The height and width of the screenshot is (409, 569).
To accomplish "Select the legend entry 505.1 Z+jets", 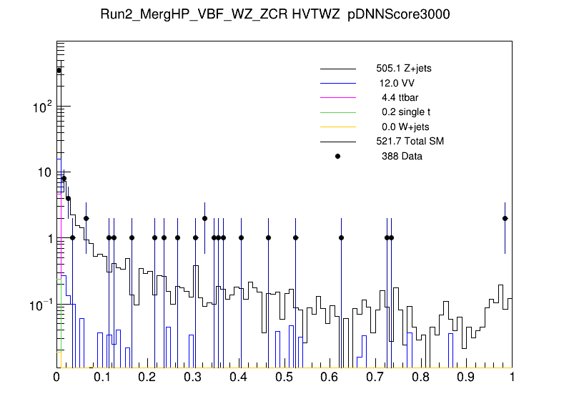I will [403, 69].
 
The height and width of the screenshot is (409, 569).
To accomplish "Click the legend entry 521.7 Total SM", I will [410, 142].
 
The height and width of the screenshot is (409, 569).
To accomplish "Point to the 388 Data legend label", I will [402, 156].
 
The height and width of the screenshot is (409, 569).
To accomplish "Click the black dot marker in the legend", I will [338, 156].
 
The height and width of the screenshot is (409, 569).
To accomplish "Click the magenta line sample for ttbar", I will [338, 98].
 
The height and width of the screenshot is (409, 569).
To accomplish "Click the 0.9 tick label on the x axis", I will [467, 377].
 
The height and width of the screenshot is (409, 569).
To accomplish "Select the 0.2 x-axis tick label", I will [148, 377].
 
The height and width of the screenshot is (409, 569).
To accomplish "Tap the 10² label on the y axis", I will [44, 107].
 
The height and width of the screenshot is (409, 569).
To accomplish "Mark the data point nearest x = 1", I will [505, 218].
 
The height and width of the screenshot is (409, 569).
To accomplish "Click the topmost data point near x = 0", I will [59, 70].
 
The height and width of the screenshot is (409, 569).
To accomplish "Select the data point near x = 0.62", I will [341, 237].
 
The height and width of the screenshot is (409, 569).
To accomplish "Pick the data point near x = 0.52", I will [295, 237].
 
